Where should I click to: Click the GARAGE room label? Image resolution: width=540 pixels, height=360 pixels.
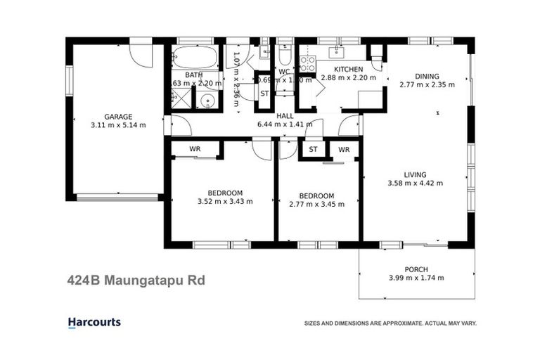point(118,117)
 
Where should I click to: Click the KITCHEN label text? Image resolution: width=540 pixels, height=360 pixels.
point(348,69)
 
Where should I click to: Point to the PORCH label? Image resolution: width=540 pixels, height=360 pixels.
point(416,269)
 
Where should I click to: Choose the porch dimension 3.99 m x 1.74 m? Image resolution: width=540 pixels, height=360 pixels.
point(416,278)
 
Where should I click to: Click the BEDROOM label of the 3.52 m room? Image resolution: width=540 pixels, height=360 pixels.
point(225,193)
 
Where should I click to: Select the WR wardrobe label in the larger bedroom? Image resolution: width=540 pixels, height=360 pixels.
point(195,149)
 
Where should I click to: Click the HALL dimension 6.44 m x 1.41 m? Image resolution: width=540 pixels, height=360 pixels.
point(285,124)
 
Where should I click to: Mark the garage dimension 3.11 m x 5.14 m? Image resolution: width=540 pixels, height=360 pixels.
point(118,125)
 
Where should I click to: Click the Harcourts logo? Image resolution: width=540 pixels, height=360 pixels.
point(94,323)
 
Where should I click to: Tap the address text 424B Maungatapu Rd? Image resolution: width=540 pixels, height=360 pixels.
point(136,281)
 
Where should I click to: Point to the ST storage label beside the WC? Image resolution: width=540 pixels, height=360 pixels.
point(264,94)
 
